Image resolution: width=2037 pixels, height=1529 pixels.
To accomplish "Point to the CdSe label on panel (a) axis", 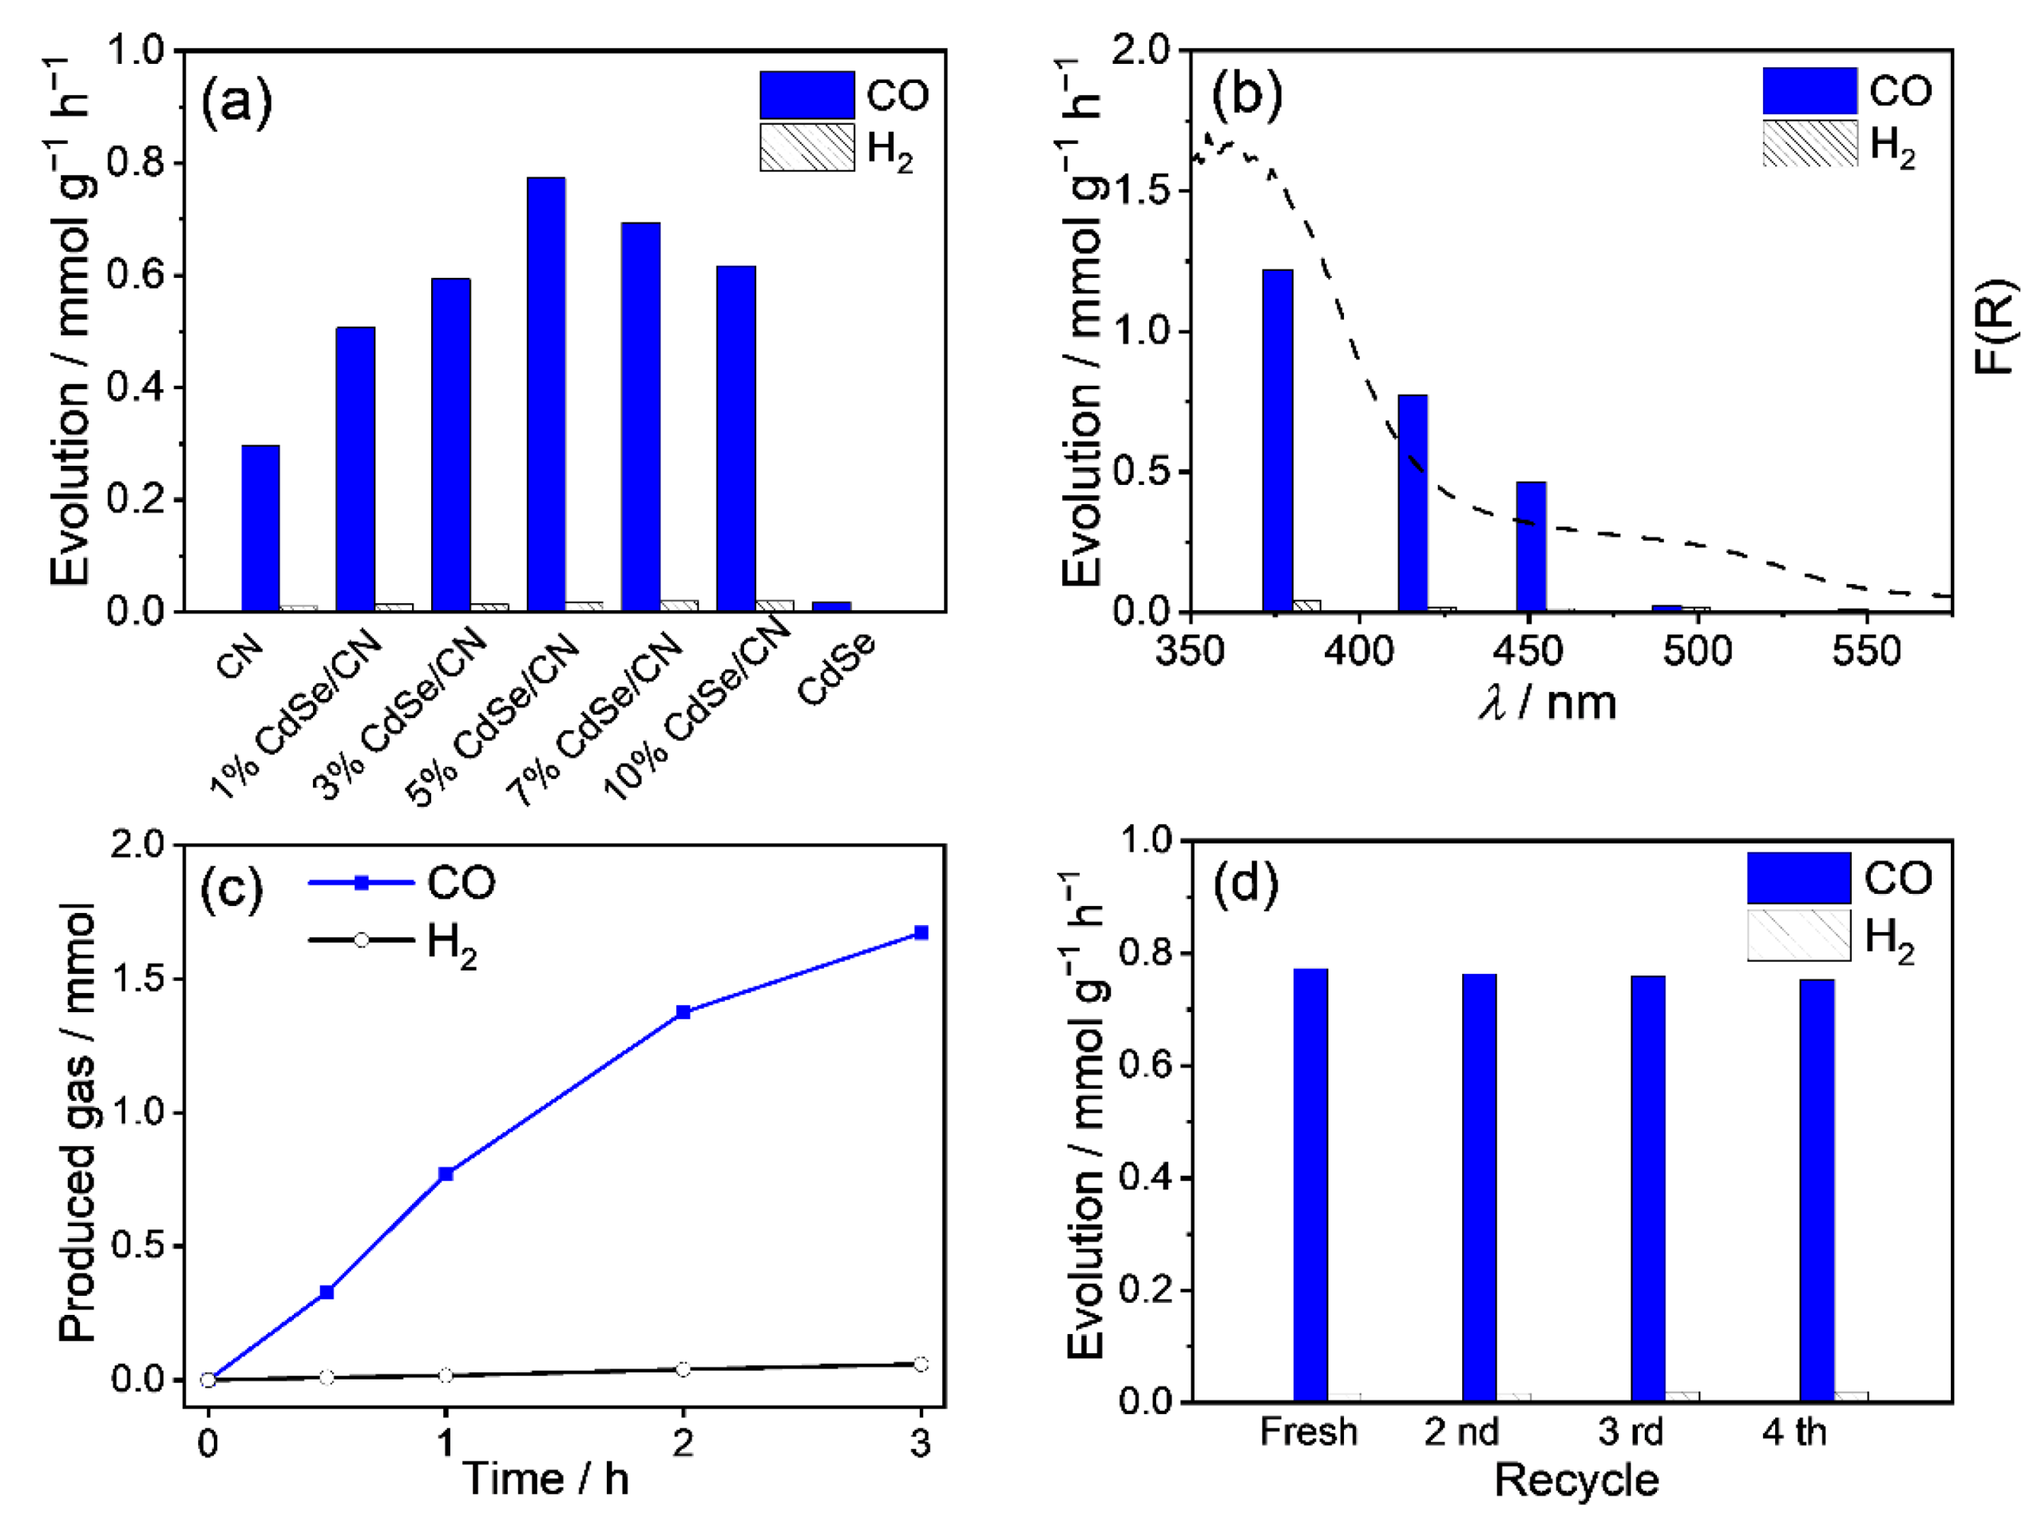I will pyautogui.click(x=835, y=668).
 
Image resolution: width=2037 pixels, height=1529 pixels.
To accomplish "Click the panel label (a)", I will pyautogui.click(x=236, y=101).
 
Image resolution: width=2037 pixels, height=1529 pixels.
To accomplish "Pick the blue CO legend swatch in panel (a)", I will pyautogui.click(x=806, y=95).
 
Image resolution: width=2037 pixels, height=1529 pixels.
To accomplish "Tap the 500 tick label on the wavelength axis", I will pyautogui.click(x=1696, y=651).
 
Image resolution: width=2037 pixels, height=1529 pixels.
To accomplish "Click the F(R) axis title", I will pyautogui.click(x=1995, y=326).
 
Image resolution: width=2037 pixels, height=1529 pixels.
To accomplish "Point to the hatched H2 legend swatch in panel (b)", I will pyautogui.click(x=1809, y=144).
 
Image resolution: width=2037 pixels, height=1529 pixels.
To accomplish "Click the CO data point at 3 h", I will pyautogui.click(x=920, y=933).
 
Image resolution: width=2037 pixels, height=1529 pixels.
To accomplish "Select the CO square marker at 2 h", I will pyautogui.click(x=684, y=1012).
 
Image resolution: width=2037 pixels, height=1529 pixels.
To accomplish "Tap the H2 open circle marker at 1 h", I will pyautogui.click(x=446, y=1375).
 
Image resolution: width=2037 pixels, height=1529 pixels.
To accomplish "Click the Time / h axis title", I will pyautogui.click(x=546, y=1479).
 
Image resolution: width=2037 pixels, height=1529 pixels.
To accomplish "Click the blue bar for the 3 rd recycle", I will pyautogui.click(x=1647, y=1188).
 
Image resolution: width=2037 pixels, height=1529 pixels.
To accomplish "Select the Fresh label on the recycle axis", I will pyautogui.click(x=1308, y=1432).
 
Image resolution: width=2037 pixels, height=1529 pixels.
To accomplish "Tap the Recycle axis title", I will pyautogui.click(x=1575, y=1480).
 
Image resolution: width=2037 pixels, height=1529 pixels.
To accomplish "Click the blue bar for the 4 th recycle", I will pyautogui.click(x=1816, y=1190).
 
